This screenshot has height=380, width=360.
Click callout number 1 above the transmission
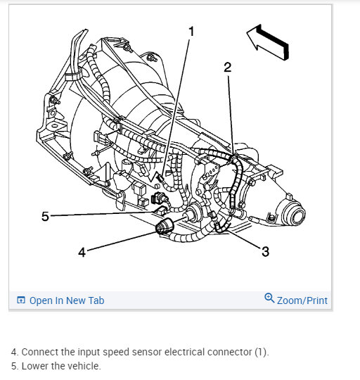191,31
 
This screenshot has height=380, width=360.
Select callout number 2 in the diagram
227,67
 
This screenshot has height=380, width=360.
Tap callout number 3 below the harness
265,252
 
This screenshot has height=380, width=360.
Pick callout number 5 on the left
45,216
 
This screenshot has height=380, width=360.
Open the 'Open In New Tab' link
66,300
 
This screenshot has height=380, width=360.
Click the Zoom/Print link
302,300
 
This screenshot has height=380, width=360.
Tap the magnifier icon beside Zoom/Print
269,298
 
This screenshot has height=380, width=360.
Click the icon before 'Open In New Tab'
20,300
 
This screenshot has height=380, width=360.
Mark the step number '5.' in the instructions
15,366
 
